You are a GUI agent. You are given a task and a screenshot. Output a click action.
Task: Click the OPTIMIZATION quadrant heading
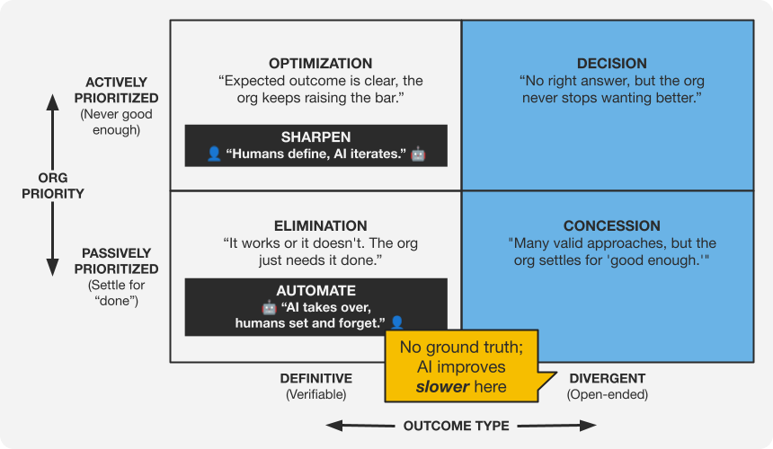[320, 64]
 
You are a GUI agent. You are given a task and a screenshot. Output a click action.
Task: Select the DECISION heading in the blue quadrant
[611, 64]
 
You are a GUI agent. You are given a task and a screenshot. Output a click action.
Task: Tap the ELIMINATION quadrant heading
[320, 226]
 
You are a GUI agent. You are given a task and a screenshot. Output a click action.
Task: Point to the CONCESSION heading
[611, 226]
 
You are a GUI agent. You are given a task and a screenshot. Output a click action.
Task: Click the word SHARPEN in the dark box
[315, 137]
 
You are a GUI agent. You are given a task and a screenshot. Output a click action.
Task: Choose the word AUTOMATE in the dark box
[315, 291]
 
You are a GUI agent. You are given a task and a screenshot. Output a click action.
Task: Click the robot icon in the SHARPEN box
[418, 154]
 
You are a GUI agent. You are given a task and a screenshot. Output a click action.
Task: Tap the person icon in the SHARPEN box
[214, 154]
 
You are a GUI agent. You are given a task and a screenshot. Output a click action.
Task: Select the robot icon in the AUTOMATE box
[267, 307]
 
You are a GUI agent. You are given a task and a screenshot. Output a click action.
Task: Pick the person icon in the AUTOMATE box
[397, 321]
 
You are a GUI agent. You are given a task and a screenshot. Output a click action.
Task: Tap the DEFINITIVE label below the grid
[315, 378]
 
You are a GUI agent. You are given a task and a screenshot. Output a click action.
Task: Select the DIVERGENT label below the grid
[608, 378]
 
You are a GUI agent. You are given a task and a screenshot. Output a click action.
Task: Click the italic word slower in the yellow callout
[442, 387]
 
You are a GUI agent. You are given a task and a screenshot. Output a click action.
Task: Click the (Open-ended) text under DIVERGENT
[608, 394]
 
